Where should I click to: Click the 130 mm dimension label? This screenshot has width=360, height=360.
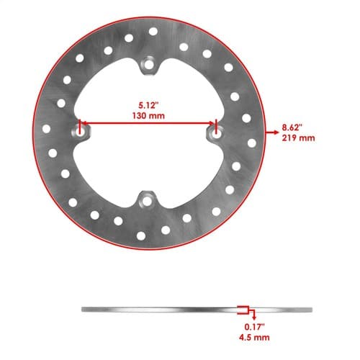point(148,116)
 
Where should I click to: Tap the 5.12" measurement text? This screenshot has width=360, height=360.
point(148,105)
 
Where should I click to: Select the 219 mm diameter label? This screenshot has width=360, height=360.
point(298,138)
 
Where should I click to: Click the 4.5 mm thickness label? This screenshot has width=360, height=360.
point(254,337)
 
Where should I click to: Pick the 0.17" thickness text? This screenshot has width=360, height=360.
point(254,327)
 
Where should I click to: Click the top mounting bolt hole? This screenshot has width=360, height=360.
point(149,65)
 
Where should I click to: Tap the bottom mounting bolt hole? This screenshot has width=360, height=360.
point(147,202)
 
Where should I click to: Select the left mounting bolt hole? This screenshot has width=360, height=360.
point(81,132)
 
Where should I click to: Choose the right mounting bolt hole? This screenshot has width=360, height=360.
point(217,135)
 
